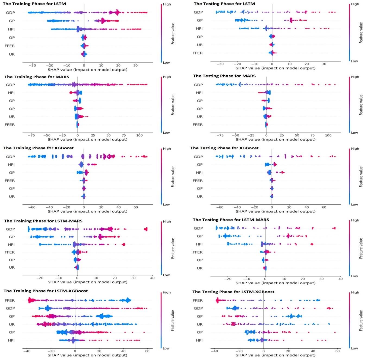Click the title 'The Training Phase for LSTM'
click(34, 4)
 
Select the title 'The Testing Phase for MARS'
click(224, 76)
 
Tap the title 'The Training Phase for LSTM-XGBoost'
click(46, 291)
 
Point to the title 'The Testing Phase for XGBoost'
click(224, 148)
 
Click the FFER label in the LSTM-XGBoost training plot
click(10, 300)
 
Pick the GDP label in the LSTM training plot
click(10, 12)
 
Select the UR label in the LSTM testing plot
click(200, 45)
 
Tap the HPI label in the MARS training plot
click(11, 93)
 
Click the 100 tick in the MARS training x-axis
click(140, 135)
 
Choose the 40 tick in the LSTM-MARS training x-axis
click(152, 278)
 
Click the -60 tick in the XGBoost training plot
click(32, 207)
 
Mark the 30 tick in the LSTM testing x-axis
click(324, 64)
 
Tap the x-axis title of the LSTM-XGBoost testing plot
click(275, 355)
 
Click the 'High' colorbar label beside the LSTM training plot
click(167, 4)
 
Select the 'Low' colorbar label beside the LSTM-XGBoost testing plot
click(354, 348)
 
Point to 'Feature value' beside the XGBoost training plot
click(173, 176)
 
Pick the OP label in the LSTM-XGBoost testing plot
click(200, 332)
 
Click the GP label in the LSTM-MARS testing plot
click(200, 236)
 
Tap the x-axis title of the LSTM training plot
click(87, 70)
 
